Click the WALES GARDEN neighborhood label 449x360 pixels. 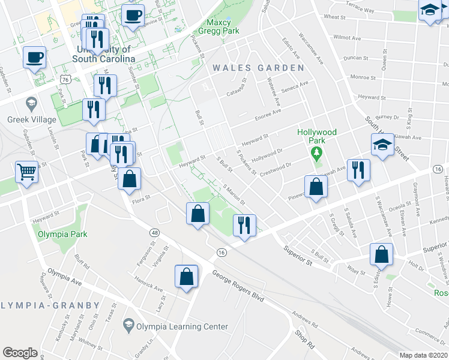[258, 68]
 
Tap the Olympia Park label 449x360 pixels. [62, 234]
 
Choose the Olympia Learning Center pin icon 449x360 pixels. [128, 326]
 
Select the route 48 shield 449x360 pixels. [155, 232]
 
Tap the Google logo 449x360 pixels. [20, 353]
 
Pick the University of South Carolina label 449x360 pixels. [103, 54]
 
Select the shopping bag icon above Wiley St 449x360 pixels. [382, 254]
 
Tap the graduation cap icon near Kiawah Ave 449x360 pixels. [382, 145]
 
